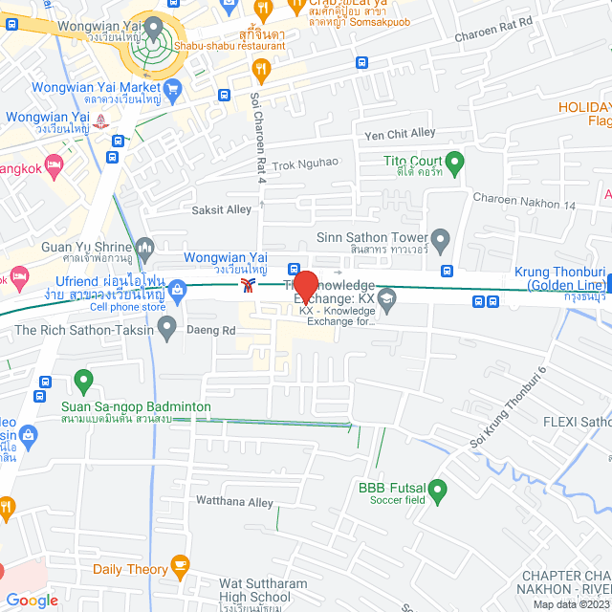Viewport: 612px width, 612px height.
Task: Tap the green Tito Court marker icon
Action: click(x=455, y=160)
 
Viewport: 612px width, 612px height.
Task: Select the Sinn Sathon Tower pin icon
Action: click(x=440, y=237)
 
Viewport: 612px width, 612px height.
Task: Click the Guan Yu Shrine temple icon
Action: click(x=145, y=247)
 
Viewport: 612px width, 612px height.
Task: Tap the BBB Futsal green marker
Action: click(x=438, y=492)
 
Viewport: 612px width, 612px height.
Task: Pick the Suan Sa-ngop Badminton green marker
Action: click(x=83, y=382)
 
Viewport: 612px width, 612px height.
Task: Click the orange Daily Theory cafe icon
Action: click(x=179, y=567)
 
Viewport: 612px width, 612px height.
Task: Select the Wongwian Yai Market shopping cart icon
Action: click(x=173, y=89)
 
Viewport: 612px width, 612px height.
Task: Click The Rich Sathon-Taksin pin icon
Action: click(x=167, y=330)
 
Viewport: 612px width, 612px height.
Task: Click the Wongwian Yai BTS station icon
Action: click(x=249, y=286)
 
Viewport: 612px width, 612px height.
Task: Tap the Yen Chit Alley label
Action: click(x=394, y=133)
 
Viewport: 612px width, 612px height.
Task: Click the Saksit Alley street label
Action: click(x=222, y=209)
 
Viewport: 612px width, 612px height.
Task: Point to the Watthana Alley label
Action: click(x=234, y=502)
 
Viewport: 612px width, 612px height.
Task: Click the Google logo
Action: click(x=31, y=600)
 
